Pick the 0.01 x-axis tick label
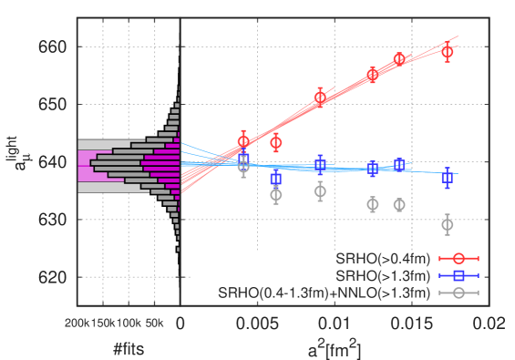point(337,324)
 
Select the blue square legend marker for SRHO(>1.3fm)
point(459,275)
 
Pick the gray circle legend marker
point(459,293)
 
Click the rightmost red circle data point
point(447,52)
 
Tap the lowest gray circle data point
point(447,224)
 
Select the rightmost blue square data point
point(447,178)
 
